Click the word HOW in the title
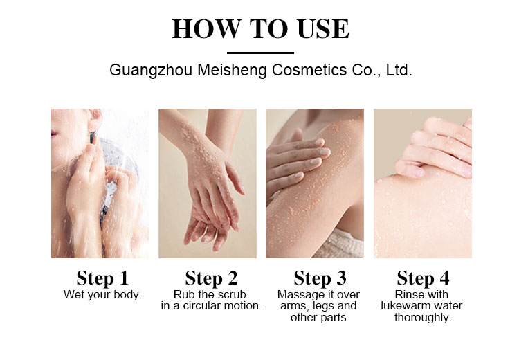206,29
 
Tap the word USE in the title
323,29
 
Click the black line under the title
260,53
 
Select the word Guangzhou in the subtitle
151,71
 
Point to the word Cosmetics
309,70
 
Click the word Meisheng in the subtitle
232,70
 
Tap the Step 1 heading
102,278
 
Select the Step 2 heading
211,278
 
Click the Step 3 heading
320,278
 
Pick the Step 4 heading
423,278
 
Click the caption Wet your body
102,295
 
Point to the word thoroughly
423,318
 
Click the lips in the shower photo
53,133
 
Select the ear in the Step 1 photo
95,118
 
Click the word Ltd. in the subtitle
399,70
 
